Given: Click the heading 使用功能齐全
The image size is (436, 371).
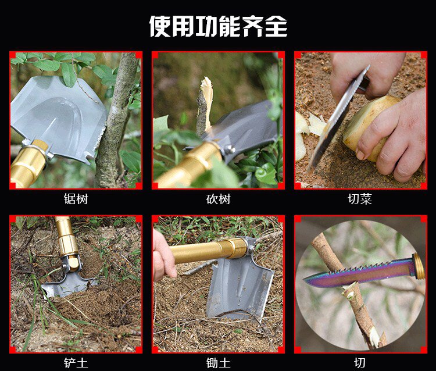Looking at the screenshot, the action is pyautogui.click(x=218, y=26).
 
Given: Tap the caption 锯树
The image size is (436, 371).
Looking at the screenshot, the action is pyautogui.click(x=76, y=199).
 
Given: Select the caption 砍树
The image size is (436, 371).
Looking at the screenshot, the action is pyautogui.click(x=218, y=199).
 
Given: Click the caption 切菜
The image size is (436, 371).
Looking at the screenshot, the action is pyautogui.click(x=360, y=199).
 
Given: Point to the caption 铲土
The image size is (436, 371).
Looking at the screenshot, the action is pyautogui.click(x=76, y=363).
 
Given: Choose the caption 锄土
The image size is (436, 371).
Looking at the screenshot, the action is pyautogui.click(x=218, y=363).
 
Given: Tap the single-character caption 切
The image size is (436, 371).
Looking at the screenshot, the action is pyautogui.click(x=360, y=363).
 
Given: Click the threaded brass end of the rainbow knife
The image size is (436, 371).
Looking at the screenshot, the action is pyautogui.click(x=419, y=266).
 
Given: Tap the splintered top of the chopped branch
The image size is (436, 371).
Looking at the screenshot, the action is pyautogui.click(x=206, y=89).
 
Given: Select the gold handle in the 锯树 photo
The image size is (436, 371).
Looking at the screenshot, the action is pyautogui.click(x=28, y=165).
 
